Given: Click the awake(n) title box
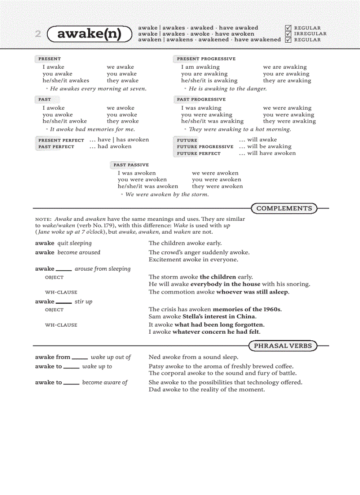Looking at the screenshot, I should pyautogui.click(x=89, y=33).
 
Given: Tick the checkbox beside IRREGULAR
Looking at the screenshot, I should pyautogui.click(x=289, y=33).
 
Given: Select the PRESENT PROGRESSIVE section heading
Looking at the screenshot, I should pyautogui.click(x=206, y=59).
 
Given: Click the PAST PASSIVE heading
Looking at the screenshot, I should pyautogui.click(x=131, y=165).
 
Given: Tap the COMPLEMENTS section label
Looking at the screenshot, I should pyautogui.click(x=284, y=208).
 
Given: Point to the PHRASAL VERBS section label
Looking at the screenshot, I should pyautogui.click(x=282, y=346).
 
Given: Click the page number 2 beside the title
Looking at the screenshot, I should pyautogui.click(x=38, y=34).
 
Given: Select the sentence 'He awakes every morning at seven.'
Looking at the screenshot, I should pyautogui.click(x=98, y=89).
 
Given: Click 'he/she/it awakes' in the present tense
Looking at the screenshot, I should pyautogui.click(x=66, y=81).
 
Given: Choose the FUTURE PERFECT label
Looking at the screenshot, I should pyautogui.click(x=199, y=153).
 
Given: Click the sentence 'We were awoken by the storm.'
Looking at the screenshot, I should pyautogui.click(x=167, y=194).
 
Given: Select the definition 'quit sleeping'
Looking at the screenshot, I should pyautogui.click(x=75, y=243).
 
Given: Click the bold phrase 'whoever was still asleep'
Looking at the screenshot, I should pyautogui.click(x=252, y=292).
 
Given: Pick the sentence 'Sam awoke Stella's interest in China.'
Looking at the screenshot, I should pyautogui.click(x=202, y=316).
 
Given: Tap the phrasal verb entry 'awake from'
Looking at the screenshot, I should pyautogui.click(x=53, y=357).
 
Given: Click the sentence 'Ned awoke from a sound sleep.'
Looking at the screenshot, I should pyautogui.click(x=193, y=357).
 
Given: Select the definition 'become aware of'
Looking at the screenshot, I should pyautogui.click(x=105, y=383).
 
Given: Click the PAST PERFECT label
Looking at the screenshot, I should pyautogui.click(x=56, y=147).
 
